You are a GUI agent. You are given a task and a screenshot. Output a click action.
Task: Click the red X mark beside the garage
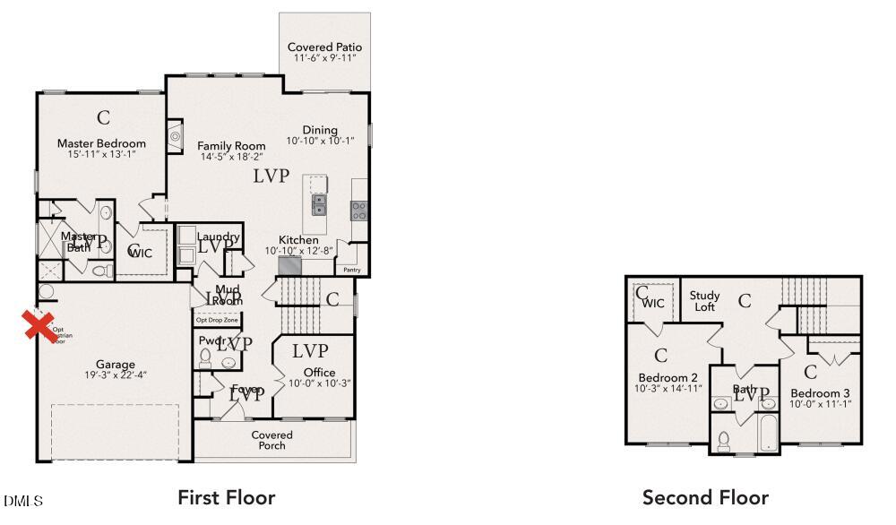37,326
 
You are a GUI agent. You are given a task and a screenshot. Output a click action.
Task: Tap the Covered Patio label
324,47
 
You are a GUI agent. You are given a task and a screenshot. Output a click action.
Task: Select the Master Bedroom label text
101,143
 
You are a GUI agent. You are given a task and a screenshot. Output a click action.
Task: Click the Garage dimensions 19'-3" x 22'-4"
116,374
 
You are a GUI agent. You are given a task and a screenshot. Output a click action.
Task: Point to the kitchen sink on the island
318,205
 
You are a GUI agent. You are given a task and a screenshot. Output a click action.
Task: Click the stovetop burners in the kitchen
358,211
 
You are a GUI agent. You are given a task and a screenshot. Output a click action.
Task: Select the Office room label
319,372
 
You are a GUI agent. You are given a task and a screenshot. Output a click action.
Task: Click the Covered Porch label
272,440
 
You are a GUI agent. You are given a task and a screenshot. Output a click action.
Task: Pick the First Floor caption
226,497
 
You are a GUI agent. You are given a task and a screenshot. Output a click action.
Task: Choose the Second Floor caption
705,497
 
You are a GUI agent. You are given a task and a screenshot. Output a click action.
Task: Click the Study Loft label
704,301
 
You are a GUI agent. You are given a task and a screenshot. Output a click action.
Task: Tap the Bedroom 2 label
668,377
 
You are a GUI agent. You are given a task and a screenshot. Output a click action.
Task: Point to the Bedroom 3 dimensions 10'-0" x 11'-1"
820,404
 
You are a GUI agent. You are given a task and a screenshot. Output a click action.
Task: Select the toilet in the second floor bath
724,442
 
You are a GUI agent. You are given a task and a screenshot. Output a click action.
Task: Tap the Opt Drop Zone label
217,320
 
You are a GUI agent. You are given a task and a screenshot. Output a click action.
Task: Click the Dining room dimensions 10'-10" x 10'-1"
320,141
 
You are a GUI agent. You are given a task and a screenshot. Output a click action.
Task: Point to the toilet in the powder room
204,358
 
